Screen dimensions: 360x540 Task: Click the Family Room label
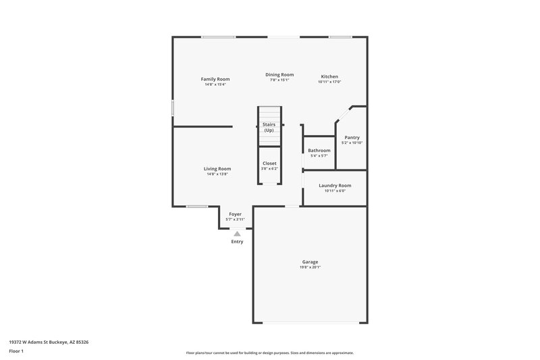pos(215,79)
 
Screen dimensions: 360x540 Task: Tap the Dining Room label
pos(279,74)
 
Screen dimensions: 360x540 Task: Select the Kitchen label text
pos(329,76)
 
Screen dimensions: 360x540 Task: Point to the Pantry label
pos(352,137)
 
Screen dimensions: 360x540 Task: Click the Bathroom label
pos(319,150)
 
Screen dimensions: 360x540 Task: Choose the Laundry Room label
pos(335,185)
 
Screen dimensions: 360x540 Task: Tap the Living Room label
pos(217,168)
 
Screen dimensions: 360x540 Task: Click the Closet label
pos(269,163)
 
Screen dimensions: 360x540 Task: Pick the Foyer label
pos(235,214)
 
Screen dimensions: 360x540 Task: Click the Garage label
pos(310,261)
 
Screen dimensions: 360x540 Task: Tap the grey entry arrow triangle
pos(237,234)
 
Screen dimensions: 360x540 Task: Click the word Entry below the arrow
pos(237,241)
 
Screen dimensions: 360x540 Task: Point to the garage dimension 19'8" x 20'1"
pos(310,267)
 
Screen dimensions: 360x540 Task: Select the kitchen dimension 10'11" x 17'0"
pos(329,82)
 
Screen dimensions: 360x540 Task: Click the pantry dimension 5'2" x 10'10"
pos(352,143)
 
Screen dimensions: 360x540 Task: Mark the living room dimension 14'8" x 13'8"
pos(217,174)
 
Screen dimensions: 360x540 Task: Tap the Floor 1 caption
pos(17,352)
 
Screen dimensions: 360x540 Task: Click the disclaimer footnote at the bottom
pos(269,353)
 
